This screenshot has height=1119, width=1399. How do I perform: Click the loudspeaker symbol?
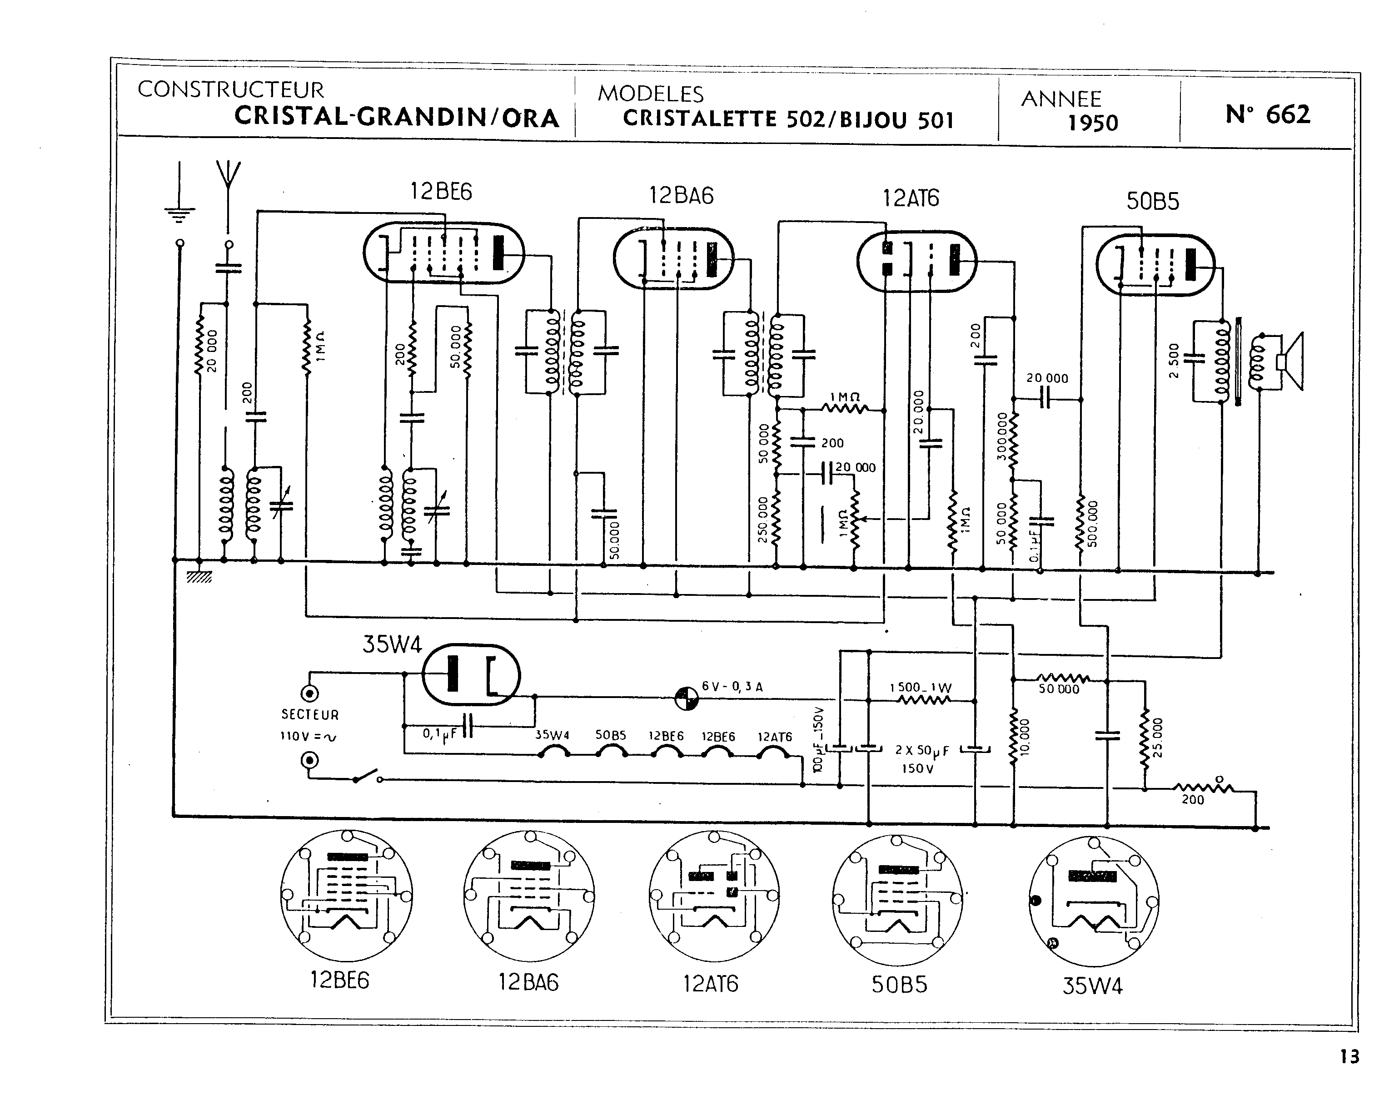tap(1291, 362)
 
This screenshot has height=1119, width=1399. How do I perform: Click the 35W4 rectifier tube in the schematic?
tap(471, 675)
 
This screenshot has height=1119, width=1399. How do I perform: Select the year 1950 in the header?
tap(1093, 123)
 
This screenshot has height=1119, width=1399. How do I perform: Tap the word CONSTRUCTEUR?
tap(230, 89)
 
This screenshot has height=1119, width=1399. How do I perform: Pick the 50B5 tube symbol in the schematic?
tap(1155, 265)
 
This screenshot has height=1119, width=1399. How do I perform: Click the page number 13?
tap(1349, 1057)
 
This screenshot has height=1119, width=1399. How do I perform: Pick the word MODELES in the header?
tap(650, 94)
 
